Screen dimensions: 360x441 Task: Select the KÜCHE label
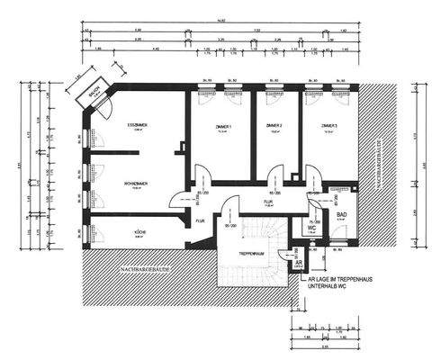click(140, 231)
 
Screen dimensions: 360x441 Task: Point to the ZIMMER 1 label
click(223, 125)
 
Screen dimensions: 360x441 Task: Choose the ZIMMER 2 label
click(274, 125)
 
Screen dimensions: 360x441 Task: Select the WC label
click(310, 229)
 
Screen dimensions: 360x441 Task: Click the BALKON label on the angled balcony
click(93, 94)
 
